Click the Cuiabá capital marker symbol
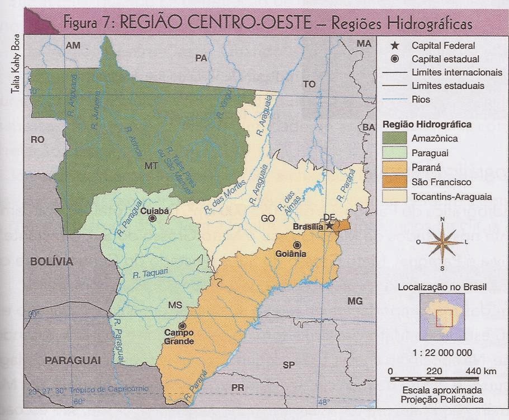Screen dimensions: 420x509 (x=152, y=219)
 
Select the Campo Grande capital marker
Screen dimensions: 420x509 (x=182, y=325)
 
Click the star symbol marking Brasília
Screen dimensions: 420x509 (x=330, y=225)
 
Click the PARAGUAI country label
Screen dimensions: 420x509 (x=72, y=361)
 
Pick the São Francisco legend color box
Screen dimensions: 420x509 (x=394, y=182)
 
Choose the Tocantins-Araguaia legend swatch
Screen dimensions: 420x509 (x=394, y=197)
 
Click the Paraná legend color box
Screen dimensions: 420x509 (x=394, y=168)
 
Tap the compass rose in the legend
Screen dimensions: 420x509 (x=442, y=242)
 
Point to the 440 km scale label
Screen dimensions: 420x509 (x=480, y=371)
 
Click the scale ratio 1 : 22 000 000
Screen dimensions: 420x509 (x=442, y=352)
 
